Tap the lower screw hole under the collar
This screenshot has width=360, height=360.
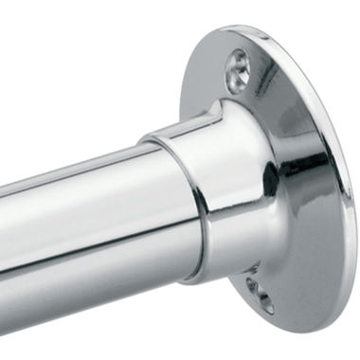tap(258, 295)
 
